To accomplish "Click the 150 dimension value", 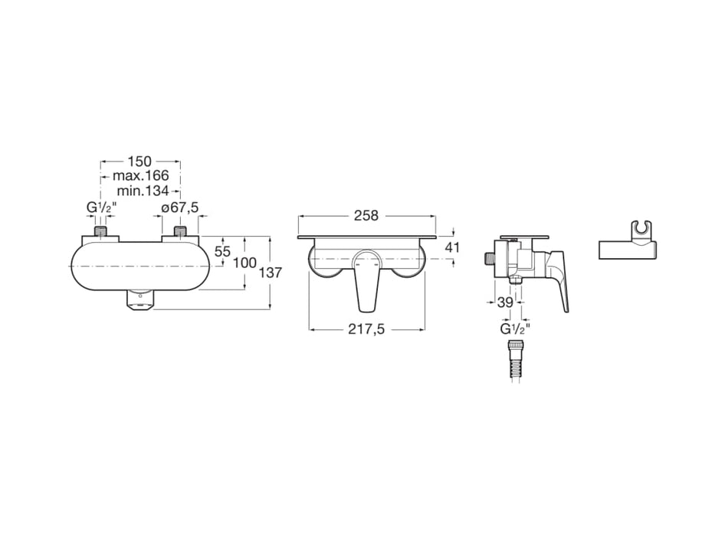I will [139, 162].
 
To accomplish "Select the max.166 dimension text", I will [140, 176].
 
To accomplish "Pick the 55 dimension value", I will [222, 251].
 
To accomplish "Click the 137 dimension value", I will [271, 273].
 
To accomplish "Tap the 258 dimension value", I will [366, 216].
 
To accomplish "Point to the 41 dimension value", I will [452, 247].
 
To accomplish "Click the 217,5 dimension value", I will [366, 330].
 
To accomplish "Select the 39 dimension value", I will [504, 302].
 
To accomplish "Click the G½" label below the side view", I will [515, 329].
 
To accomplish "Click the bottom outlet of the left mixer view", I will [139, 302].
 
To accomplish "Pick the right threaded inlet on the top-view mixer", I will [180, 231].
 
